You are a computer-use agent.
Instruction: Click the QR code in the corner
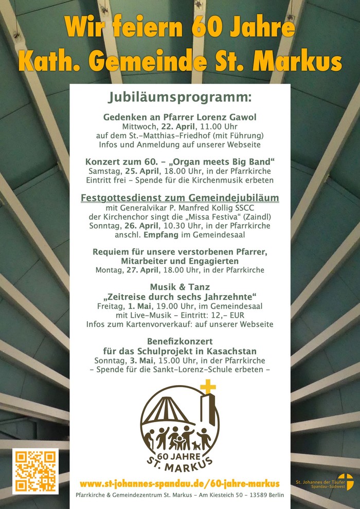coord(35,471)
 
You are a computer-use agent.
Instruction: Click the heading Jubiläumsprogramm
coord(180,97)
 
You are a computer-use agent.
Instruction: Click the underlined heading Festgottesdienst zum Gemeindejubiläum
coord(180,198)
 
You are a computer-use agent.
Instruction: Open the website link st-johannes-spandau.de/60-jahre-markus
coord(180,484)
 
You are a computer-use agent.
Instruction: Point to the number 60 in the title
coord(206,27)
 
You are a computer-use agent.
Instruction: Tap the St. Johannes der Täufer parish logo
coord(345,482)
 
